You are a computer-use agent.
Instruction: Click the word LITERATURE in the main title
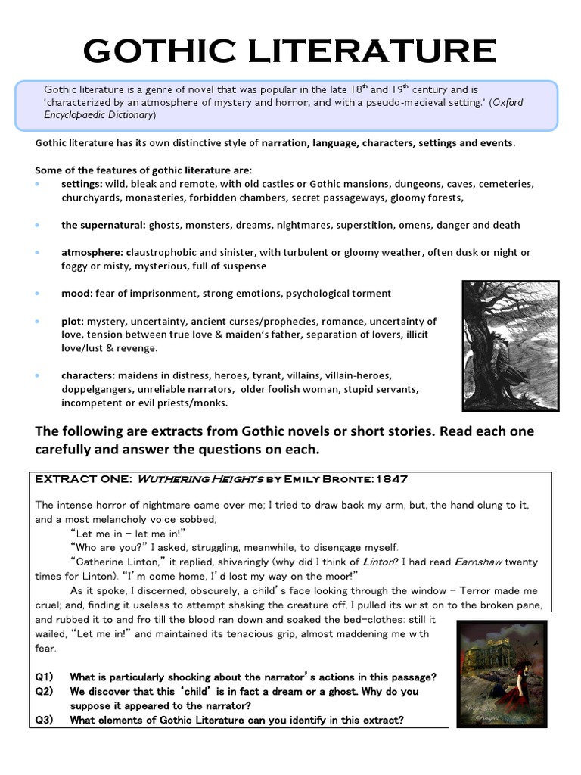(380, 51)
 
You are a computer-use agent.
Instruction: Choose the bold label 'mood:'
(77, 293)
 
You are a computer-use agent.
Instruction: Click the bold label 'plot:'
(74, 322)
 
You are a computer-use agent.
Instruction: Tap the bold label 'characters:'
(89, 375)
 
